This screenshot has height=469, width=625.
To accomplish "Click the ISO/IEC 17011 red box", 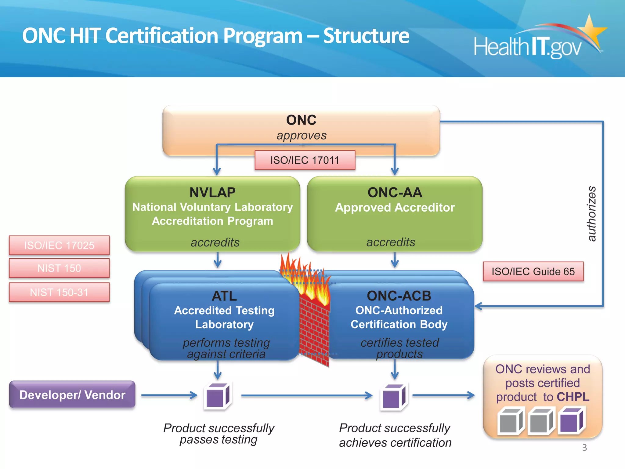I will coord(305,160).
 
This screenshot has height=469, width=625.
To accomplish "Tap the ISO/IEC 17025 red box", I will coord(59,245).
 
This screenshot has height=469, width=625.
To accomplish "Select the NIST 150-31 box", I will coord(59,292).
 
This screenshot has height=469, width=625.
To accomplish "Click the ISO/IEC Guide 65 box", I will coord(533,271).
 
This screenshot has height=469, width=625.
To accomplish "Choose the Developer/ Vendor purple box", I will coord(72,394).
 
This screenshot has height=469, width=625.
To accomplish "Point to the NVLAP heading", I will coord(212,192).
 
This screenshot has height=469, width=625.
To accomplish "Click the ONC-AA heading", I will coord(395,192).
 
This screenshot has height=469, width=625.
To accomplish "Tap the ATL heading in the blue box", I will coord(224,296).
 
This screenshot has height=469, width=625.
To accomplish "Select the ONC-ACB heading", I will coord(399,296).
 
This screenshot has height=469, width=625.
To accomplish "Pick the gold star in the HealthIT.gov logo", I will coord(591,29).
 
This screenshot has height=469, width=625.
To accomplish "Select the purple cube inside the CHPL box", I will coord(571,421).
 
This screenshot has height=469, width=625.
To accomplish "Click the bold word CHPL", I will coord(573,397).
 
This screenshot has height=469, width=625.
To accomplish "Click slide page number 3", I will coord(584,447).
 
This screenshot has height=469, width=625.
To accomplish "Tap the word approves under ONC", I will coord(301,135).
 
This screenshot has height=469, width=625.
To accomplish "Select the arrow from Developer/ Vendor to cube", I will coord(169,395).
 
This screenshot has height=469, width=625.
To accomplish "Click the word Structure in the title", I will coord(366,36).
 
